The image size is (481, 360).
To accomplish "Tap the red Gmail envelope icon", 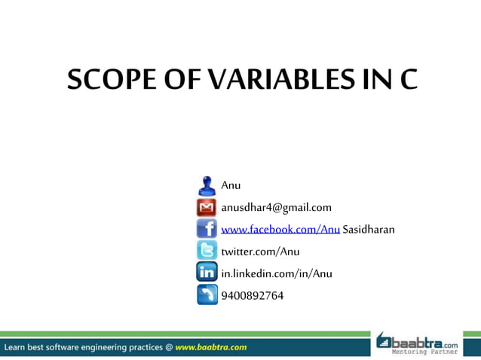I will click(x=207, y=207).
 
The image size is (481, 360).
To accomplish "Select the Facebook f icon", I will click(x=207, y=229).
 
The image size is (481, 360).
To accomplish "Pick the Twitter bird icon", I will click(x=207, y=251).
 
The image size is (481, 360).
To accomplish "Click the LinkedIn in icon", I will click(x=207, y=273).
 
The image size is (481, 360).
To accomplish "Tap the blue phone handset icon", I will click(x=207, y=294).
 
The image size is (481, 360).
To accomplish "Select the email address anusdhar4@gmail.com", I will click(x=276, y=207).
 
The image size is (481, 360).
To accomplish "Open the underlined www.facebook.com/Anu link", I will click(x=280, y=229).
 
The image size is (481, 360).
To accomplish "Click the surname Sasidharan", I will click(x=369, y=229).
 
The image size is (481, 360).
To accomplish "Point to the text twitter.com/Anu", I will click(x=260, y=251).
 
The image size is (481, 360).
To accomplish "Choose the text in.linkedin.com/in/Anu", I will click(x=276, y=273).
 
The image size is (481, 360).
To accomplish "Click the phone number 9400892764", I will click(x=253, y=295).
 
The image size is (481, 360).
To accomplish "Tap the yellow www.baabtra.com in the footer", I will click(x=210, y=347).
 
